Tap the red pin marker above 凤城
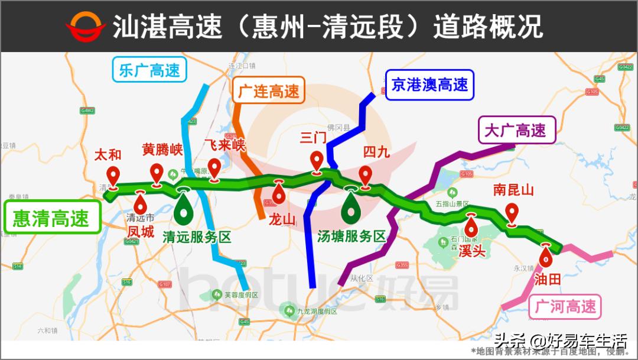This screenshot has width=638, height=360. tap(141, 204)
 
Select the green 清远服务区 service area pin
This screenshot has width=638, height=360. tap(184, 206)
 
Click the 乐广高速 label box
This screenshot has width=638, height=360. tap(149, 70)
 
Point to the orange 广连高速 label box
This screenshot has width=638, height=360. tap(269, 92)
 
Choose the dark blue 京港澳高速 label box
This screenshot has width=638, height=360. tap(429, 85)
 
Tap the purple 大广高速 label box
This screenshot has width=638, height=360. tap(516, 130)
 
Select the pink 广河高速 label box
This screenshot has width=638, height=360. tap(565, 307)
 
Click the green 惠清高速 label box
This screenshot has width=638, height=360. tap(51, 218)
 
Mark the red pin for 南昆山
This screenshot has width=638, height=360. tap(512, 213)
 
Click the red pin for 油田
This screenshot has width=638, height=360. tap(546, 257)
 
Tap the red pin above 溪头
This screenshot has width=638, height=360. tap(471, 226)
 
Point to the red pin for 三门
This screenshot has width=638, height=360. tap(317, 162)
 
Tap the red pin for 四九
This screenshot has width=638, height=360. tap(366, 176)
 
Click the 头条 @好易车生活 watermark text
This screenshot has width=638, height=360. tap(560, 340)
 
